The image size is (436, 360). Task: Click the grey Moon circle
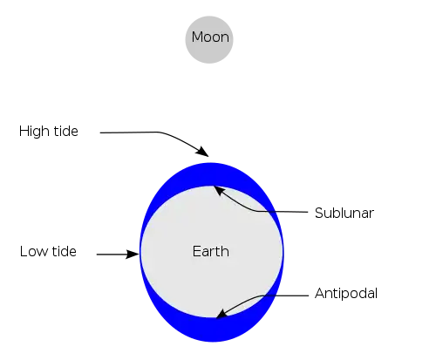[x=209, y=39]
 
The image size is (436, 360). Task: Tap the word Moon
[x=210, y=37]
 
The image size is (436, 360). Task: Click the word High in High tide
[x=34, y=132]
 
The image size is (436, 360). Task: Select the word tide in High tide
[x=66, y=131]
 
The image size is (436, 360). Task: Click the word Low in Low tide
[x=32, y=252]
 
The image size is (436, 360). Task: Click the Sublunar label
[x=344, y=213]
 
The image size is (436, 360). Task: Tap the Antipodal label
[x=346, y=294]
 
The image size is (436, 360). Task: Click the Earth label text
[x=211, y=251]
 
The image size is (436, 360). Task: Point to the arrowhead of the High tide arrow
[x=203, y=152]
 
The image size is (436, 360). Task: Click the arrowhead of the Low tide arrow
[x=133, y=254]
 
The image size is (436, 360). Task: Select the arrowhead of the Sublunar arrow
[x=219, y=190]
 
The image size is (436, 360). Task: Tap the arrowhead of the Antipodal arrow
[x=221, y=314]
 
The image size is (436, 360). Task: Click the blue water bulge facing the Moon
[x=211, y=174]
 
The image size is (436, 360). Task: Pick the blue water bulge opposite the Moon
[x=212, y=329]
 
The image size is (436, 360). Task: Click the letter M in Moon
[x=197, y=37]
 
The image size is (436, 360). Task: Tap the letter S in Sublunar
[x=319, y=213]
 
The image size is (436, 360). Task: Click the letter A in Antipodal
[x=320, y=293]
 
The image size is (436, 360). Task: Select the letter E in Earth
[x=196, y=251]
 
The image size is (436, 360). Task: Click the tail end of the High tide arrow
[x=100, y=132]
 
